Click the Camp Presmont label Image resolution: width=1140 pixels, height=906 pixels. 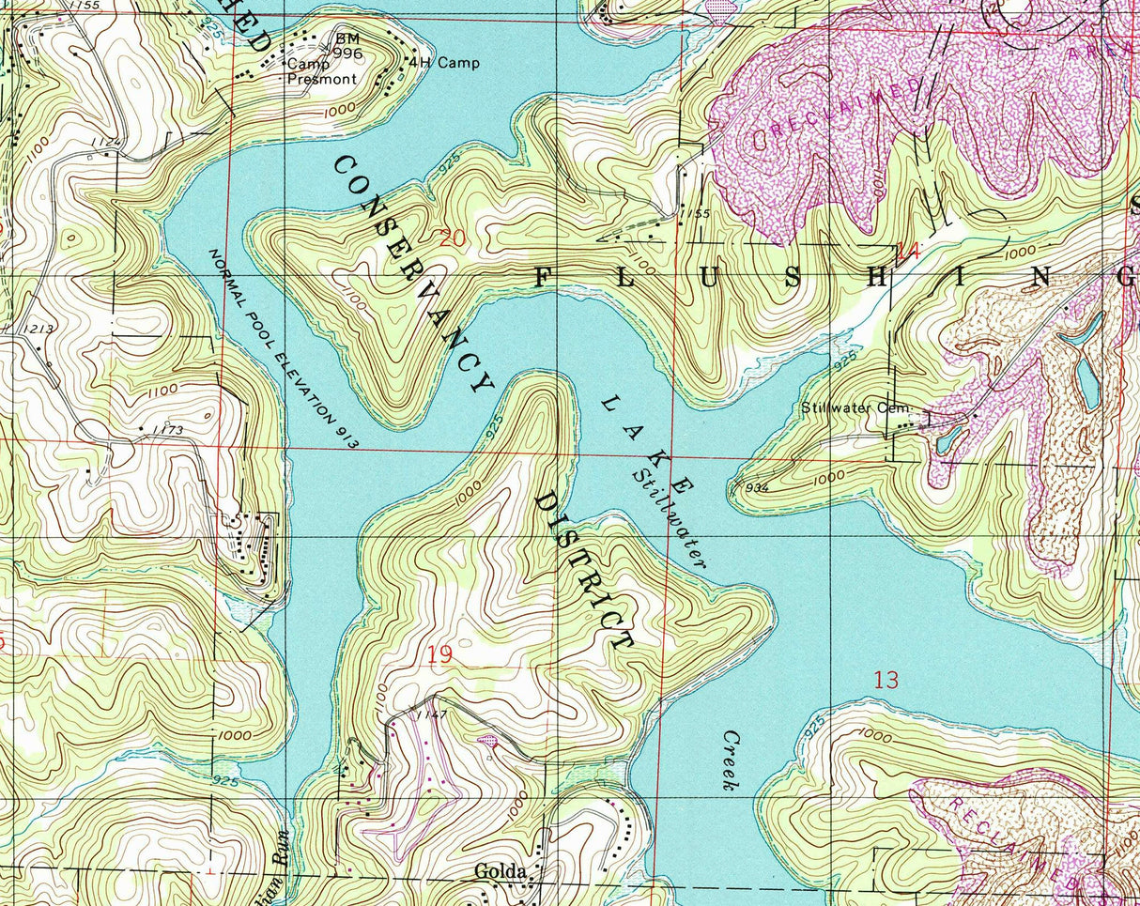(322, 71)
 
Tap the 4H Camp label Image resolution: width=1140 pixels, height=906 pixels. (443, 63)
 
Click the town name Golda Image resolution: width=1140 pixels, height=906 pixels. (500, 871)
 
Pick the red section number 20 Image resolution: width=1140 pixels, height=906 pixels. (451, 238)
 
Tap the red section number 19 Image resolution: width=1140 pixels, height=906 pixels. (439, 654)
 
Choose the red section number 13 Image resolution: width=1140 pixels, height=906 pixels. (886, 680)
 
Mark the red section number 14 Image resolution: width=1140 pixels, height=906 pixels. (907, 251)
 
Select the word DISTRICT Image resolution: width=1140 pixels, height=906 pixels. (582, 569)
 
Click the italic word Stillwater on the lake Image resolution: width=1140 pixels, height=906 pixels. (669, 515)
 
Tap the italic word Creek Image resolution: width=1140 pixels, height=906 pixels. (732, 760)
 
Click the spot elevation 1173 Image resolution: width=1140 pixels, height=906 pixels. (164, 430)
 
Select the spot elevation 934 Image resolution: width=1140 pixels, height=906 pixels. (755, 487)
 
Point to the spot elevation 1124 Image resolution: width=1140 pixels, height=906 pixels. (106, 142)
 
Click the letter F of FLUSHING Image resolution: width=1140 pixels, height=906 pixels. (544, 276)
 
